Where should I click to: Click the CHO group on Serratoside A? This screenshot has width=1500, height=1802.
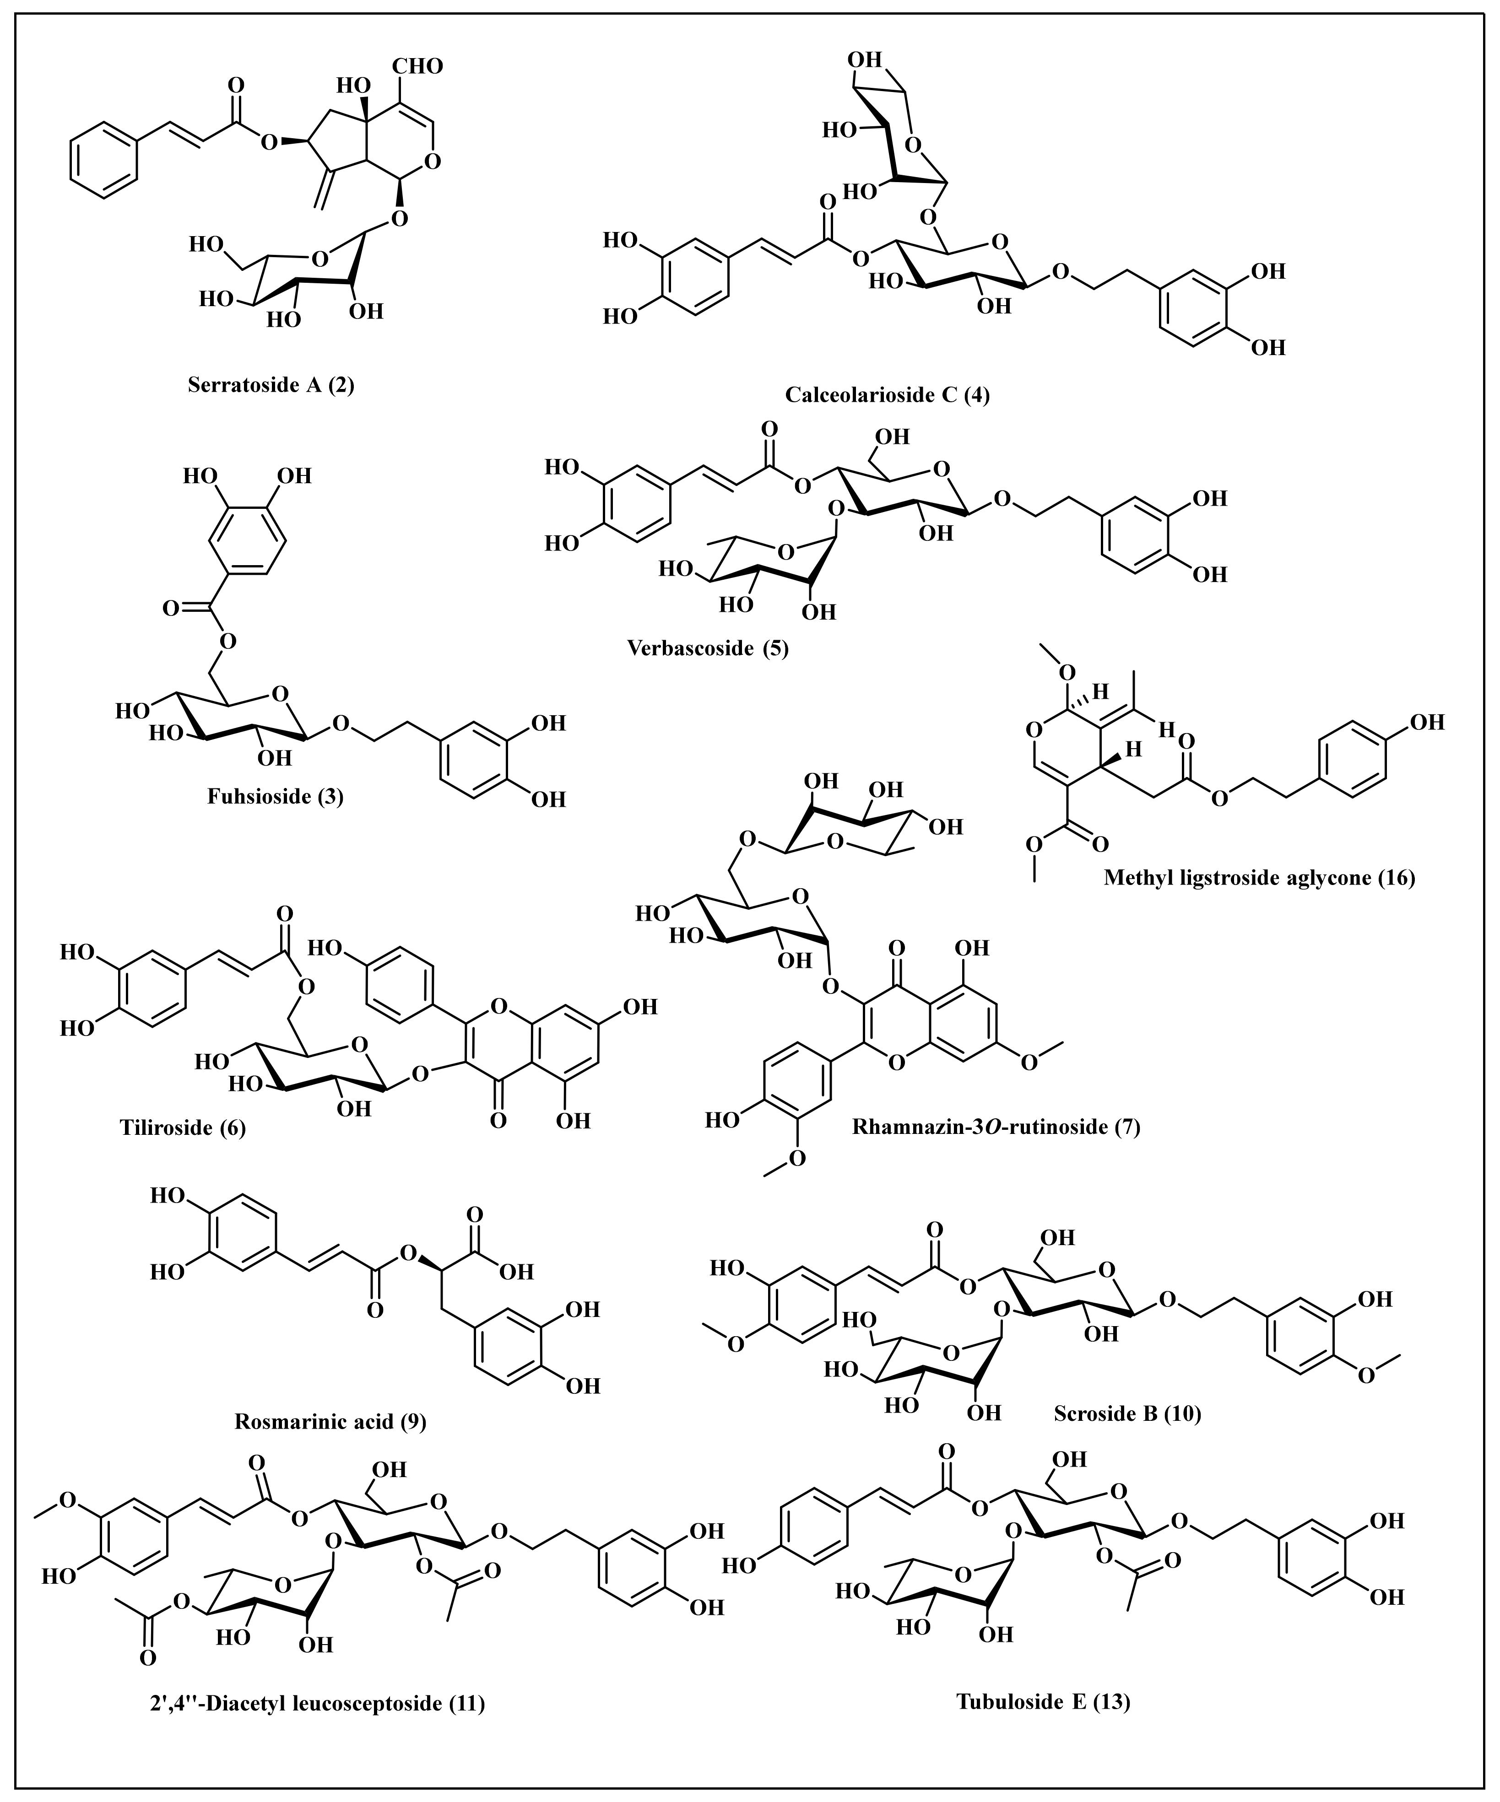[418, 66]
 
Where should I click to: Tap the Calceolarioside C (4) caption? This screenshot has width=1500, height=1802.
[887, 395]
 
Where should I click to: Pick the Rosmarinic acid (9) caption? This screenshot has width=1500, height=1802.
[330, 1421]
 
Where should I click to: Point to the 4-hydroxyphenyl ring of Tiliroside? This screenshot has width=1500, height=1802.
[401, 978]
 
